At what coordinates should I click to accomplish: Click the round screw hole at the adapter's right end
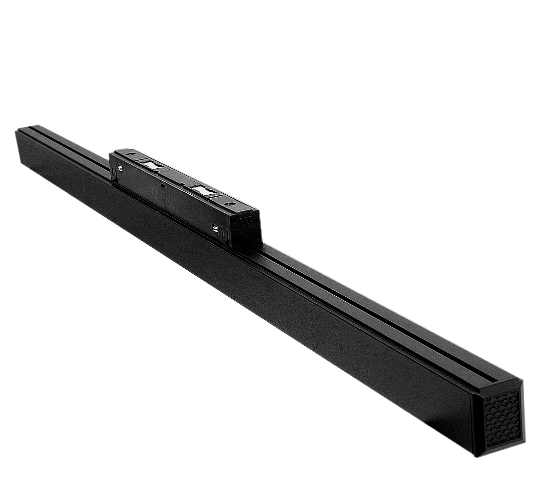227,203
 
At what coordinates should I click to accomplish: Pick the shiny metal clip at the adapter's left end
120,168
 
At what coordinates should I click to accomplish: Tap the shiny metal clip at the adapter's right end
216,227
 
